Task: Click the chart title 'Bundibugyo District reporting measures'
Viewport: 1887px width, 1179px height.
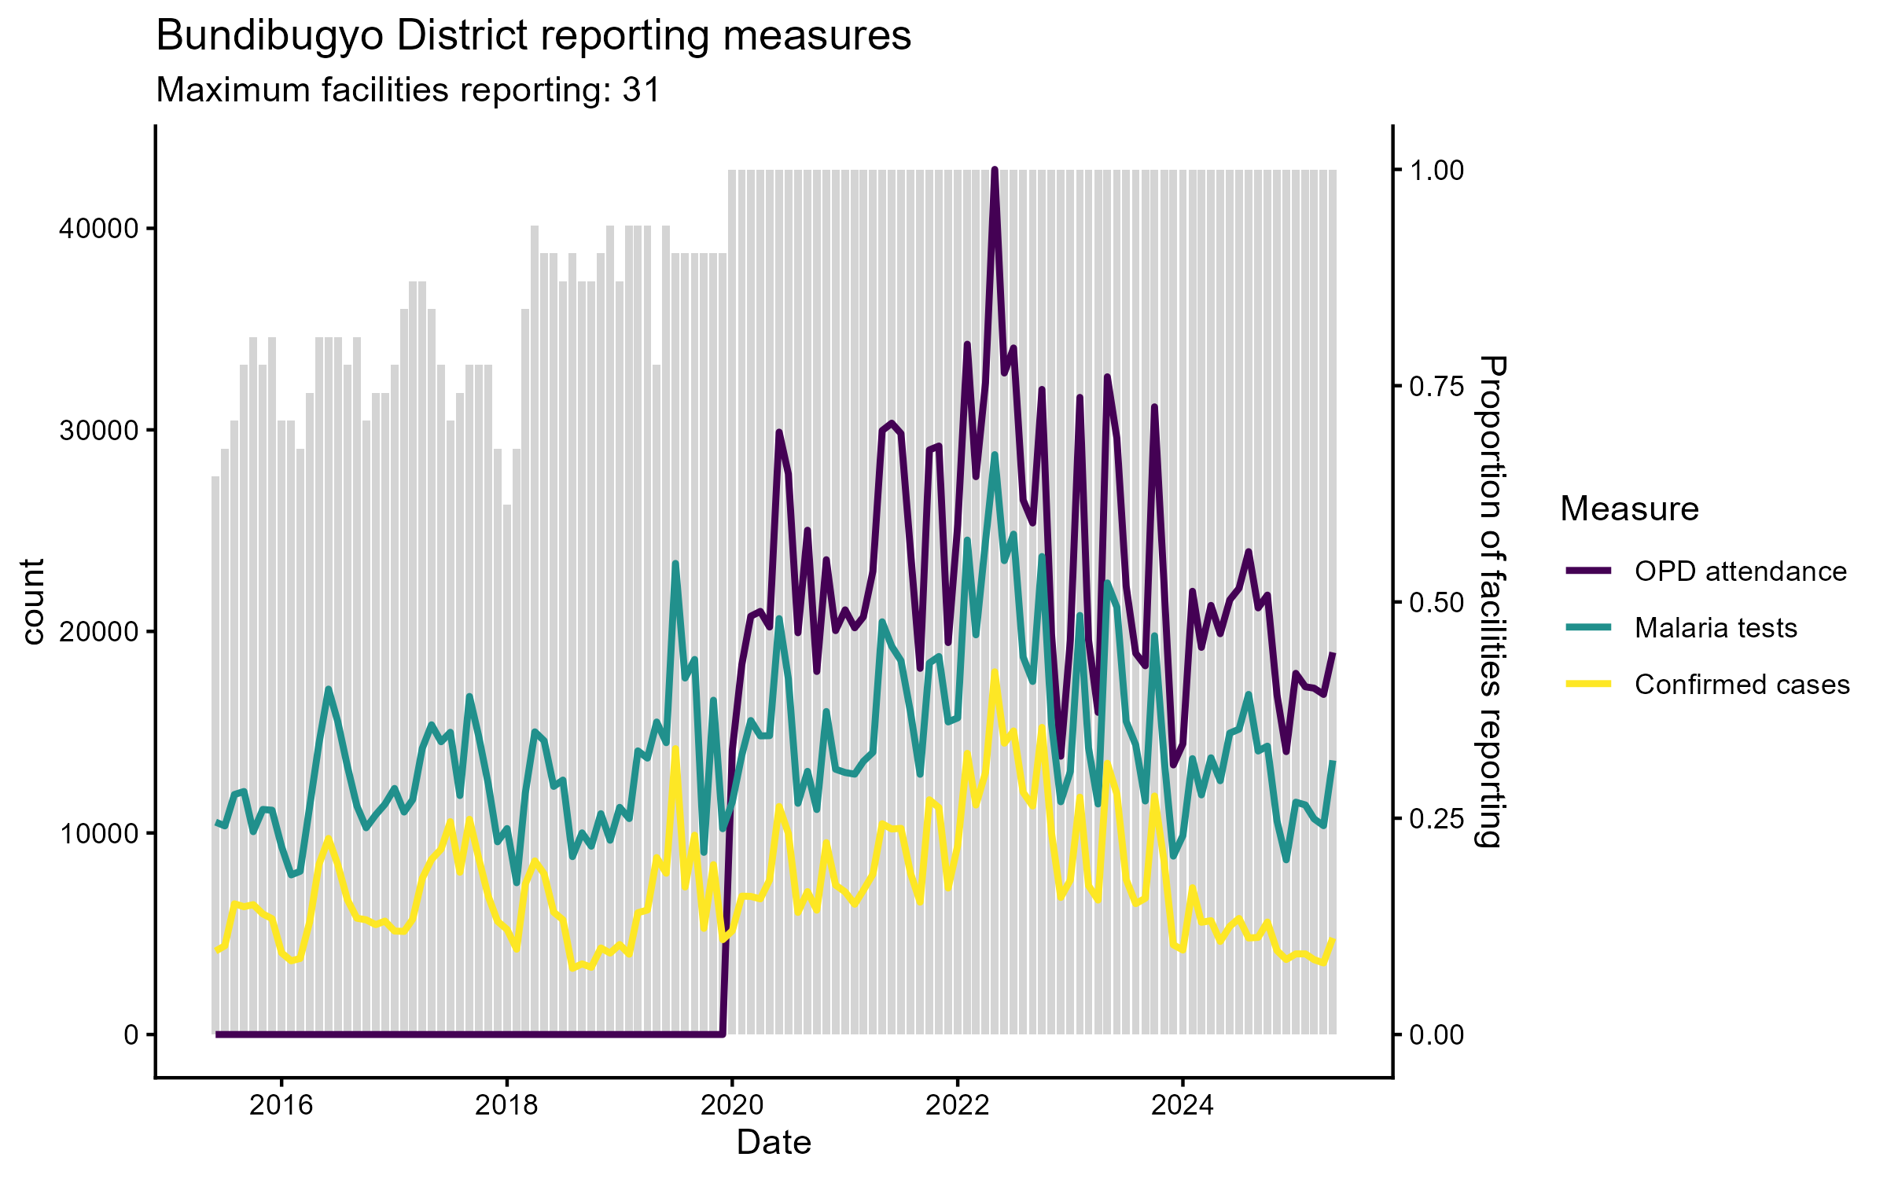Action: click(533, 36)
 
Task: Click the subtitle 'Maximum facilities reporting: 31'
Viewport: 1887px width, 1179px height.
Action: click(408, 90)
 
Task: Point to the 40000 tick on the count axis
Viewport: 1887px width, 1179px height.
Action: click(99, 230)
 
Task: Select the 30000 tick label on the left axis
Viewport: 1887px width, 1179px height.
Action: click(99, 431)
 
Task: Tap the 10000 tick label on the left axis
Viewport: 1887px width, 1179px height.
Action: click(99, 833)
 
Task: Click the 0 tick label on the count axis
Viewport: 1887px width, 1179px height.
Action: click(131, 1035)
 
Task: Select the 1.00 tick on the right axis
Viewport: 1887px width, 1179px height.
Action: click(1436, 171)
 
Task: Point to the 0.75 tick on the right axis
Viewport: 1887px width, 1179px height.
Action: click(1436, 386)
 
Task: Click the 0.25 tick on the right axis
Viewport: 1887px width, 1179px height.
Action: click(1436, 819)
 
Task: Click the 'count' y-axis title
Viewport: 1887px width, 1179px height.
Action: click(33, 602)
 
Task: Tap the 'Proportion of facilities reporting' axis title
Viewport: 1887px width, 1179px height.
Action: click(1491, 602)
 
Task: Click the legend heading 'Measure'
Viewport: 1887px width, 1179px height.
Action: click(1629, 509)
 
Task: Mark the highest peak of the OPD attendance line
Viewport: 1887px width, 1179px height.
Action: click(995, 170)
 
